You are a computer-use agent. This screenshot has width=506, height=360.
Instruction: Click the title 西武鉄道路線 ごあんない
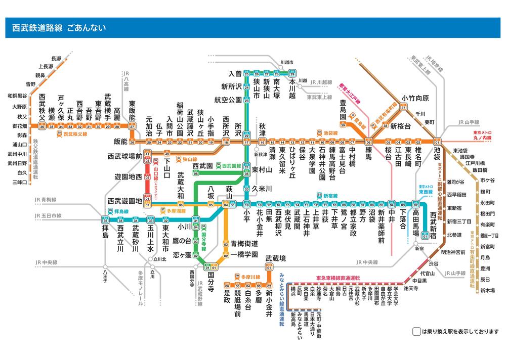click(x=59, y=28)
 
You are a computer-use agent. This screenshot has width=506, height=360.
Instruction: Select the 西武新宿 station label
click(x=433, y=222)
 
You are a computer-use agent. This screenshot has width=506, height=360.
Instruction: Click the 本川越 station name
click(x=292, y=88)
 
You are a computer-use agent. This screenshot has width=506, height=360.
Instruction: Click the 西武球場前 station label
click(x=124, y=157)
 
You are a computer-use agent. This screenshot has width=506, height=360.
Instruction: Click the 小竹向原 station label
click(x=415, y=98)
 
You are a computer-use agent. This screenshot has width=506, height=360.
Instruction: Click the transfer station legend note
click(x=455, y=332)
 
